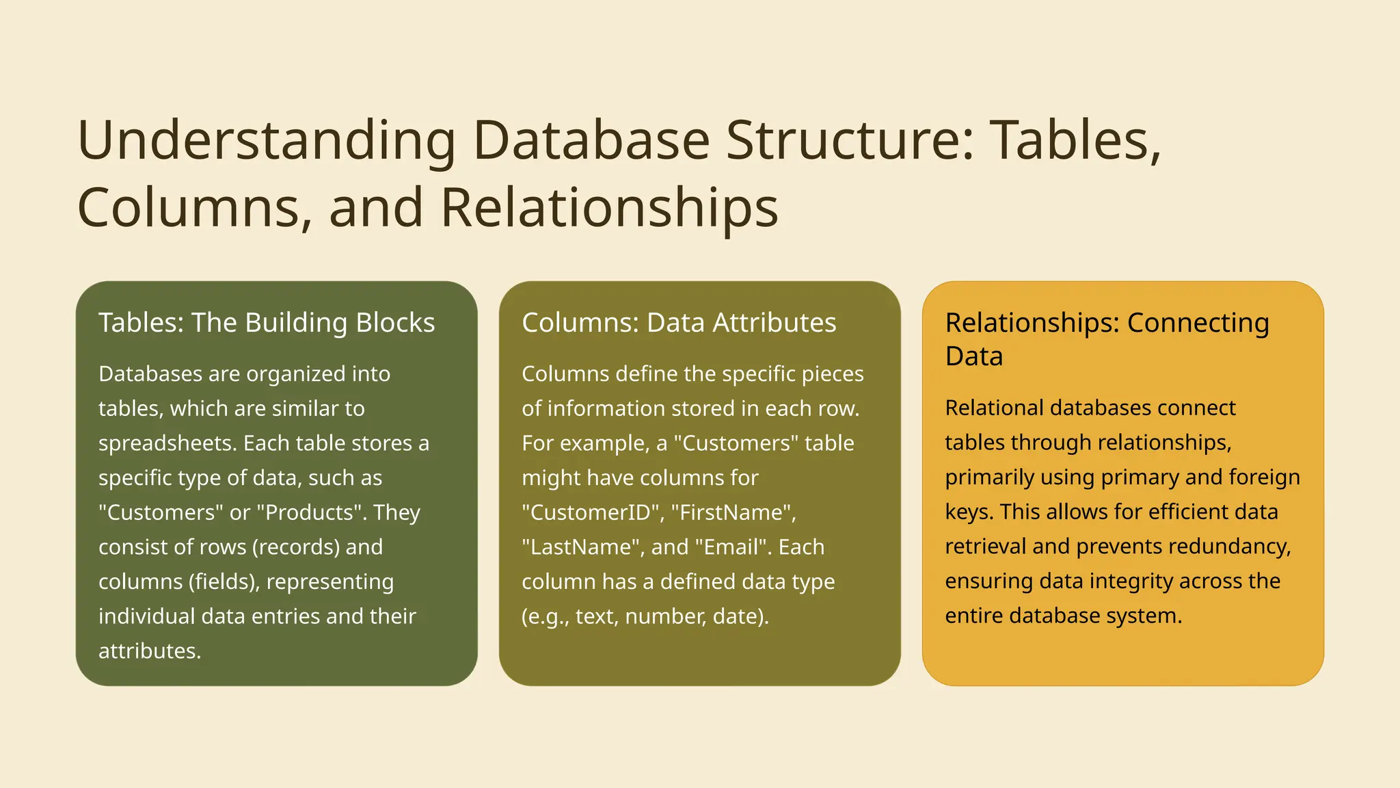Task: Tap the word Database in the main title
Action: (591, 141)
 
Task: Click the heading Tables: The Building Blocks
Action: (267, 323)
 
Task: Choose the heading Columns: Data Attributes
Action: (679, 323)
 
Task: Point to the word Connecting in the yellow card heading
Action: (1198, 323)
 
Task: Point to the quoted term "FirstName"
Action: (728, 512)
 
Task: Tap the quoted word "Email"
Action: (733, 547)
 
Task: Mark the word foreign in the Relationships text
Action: (1265, 477)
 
